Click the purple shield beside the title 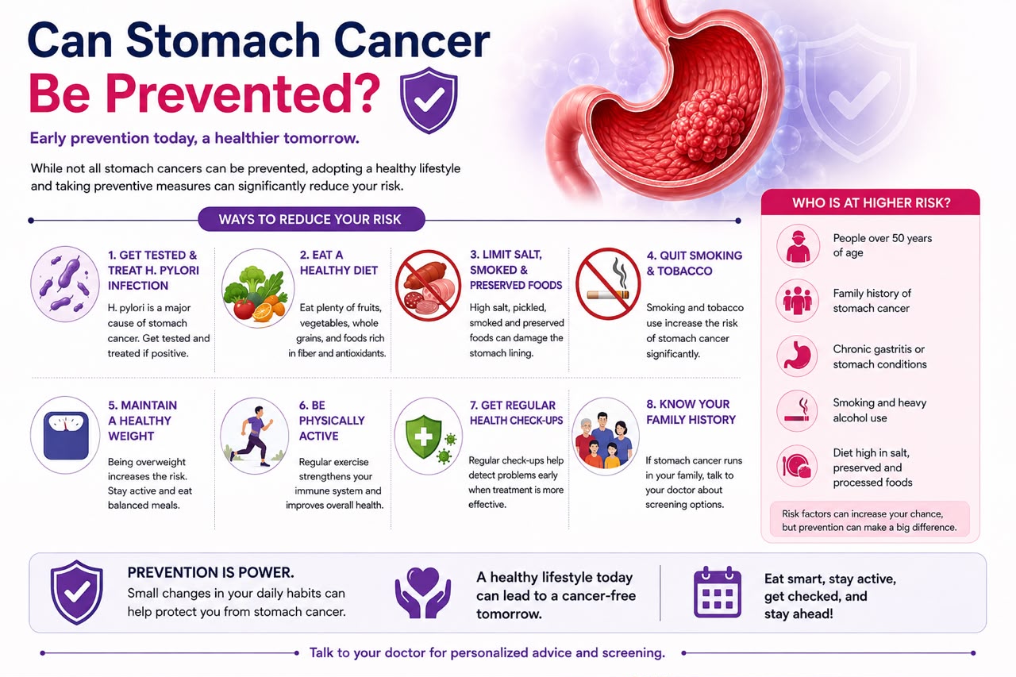point(429,100)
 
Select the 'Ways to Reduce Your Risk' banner point(311,220)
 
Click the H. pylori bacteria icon point(65,284)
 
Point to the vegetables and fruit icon point(258,288)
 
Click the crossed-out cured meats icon point(428,286)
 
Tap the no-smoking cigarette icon point(608,284)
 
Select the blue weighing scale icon point(65,435)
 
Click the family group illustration point(605,437)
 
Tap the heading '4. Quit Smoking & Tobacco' point(694,263)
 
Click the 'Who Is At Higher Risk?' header point(871,202)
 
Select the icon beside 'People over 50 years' point(798,246)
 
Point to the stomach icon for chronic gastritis point(797,356)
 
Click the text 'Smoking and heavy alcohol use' point(879,410)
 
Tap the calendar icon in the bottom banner point(717,592)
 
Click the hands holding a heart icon point(423,592)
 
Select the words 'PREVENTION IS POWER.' point(210,572)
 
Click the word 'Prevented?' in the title point(204,93)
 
